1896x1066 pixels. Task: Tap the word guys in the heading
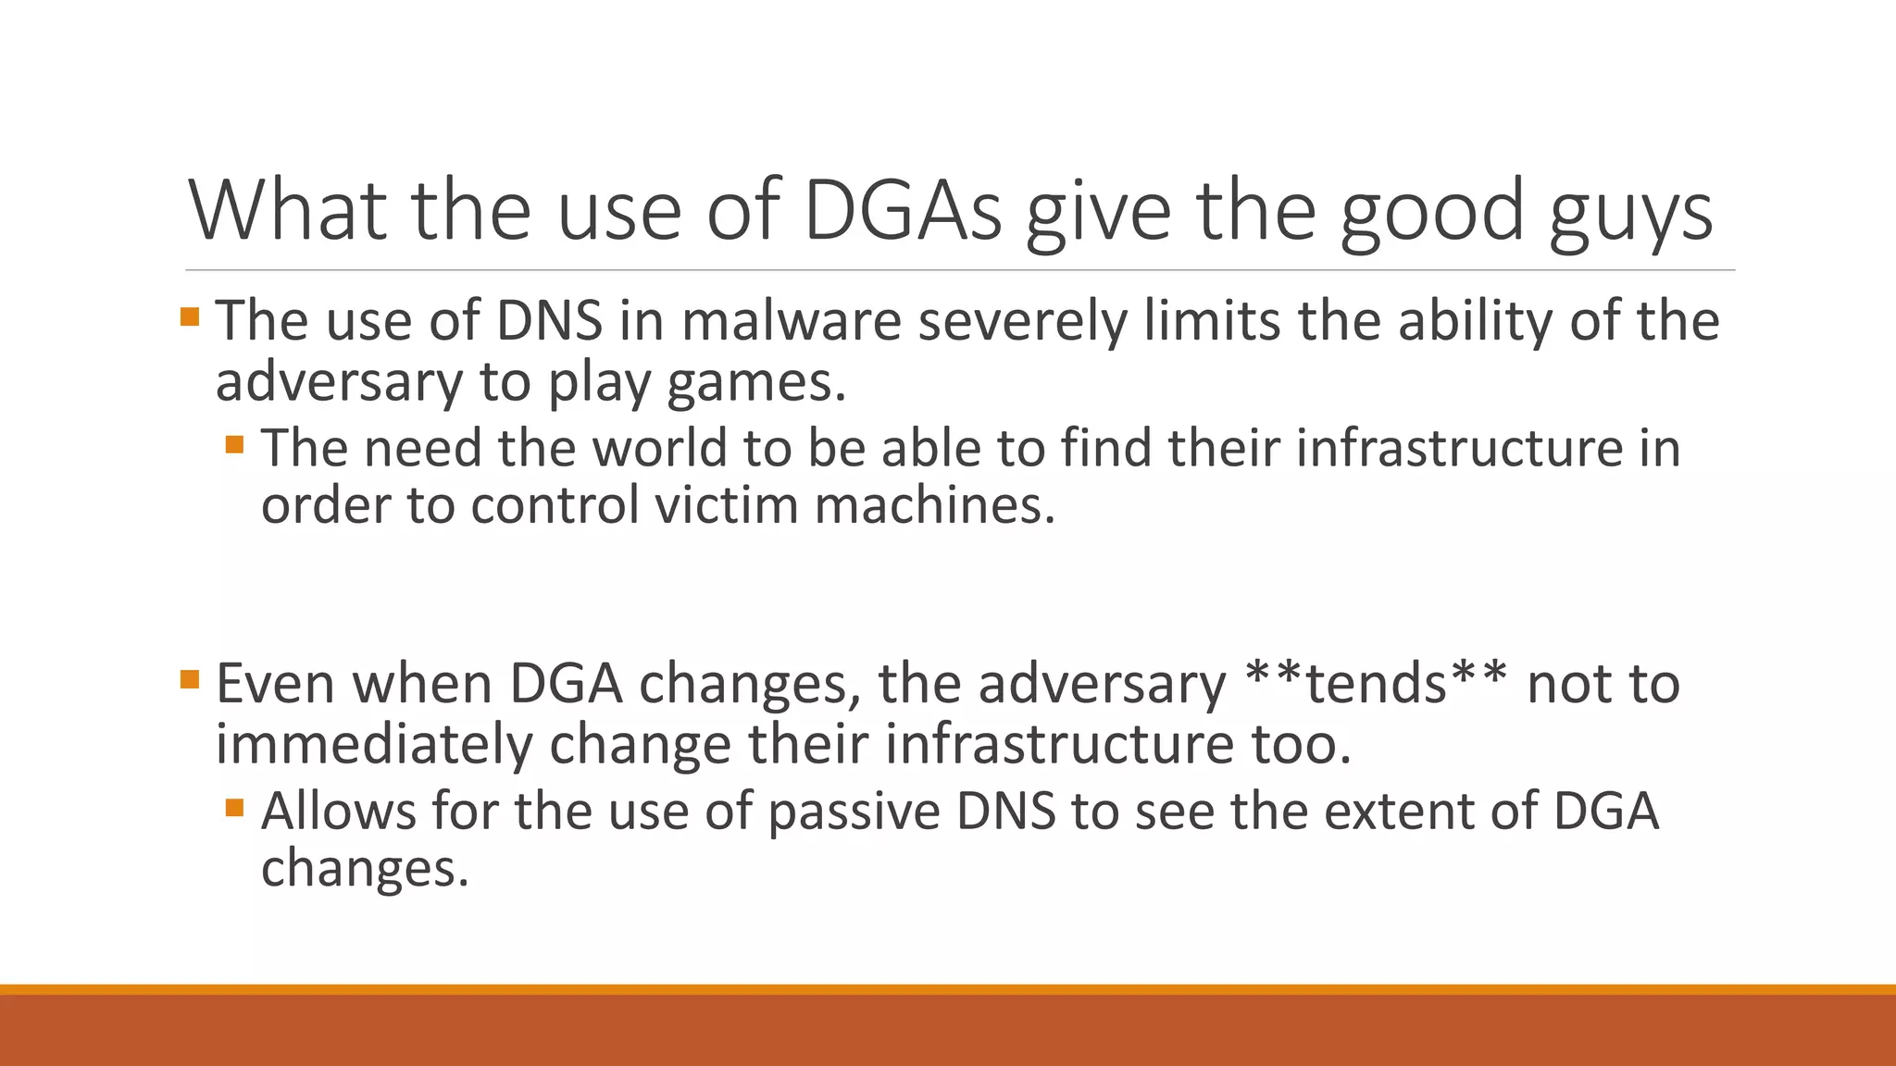(x=1631, y=213)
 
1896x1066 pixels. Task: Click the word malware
(x=792, y=321)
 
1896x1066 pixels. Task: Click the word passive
(x=854, y=812)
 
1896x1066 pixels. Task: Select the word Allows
(x=339, y=812)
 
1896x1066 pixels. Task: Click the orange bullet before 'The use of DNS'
(x=190, y=317)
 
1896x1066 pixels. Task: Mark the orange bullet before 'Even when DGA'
(x=190, y=680)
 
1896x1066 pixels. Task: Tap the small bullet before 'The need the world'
(x=234, y=445)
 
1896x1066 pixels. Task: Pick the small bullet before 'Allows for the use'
(x=234, y=808)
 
